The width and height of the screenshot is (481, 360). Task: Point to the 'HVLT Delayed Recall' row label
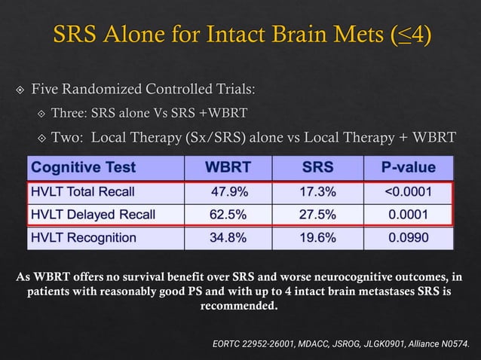[x=93, y=214]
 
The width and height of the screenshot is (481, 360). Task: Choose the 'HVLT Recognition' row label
[x=84, y=238]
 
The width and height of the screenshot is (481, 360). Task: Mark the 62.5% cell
[x=227, y=214]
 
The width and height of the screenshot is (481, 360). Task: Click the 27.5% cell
[x=317, y=214]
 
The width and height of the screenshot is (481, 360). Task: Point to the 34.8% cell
[x=227, y=238]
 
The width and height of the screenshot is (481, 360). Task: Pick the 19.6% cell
[x=317, y=238]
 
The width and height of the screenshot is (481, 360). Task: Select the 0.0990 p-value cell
[x=409, y=238]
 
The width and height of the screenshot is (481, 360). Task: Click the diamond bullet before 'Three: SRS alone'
[x=42, y=114]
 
